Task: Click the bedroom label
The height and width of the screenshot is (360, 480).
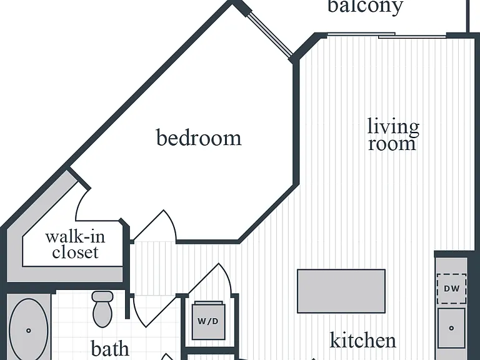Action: pyautogui.click(x=199, y=138)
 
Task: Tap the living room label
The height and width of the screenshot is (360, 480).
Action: pyautogui.click(x=393, y=135)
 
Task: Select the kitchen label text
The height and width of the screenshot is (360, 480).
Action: pyautogui.click(x=362, y=340)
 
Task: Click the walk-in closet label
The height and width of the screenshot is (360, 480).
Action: pyautogui.click(x=75, y=244)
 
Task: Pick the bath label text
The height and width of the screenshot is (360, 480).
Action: pyautogui.click(x=110, y=348)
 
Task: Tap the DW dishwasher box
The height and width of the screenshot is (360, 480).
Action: pyautogui.click(x=451, y=288)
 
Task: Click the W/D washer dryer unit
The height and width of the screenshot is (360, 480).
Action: pyautogui.click(x=208, y=321)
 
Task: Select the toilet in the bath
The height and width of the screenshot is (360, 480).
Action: pyautogui.click(x=102, y=309)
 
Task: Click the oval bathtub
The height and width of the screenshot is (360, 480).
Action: pyautogui.click(x=29, y=330)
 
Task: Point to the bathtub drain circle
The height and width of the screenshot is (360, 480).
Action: pyautogui.click(x=29, y=331)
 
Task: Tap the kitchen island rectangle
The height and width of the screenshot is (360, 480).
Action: pyautogui.click(x=341, y=291)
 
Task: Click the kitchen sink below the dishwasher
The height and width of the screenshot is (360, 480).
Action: pyautogui.click(x=451, y=328)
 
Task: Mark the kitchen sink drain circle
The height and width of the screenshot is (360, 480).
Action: pyautogui.click(x=451, y=328)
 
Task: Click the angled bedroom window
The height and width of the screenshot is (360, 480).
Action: pyautogui.click(x=269, y=34)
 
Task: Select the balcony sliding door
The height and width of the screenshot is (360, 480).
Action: pyautogui.click(x=387, y=35)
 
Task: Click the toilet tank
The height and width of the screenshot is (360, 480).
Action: pyautogui.click(x=102, y=296)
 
